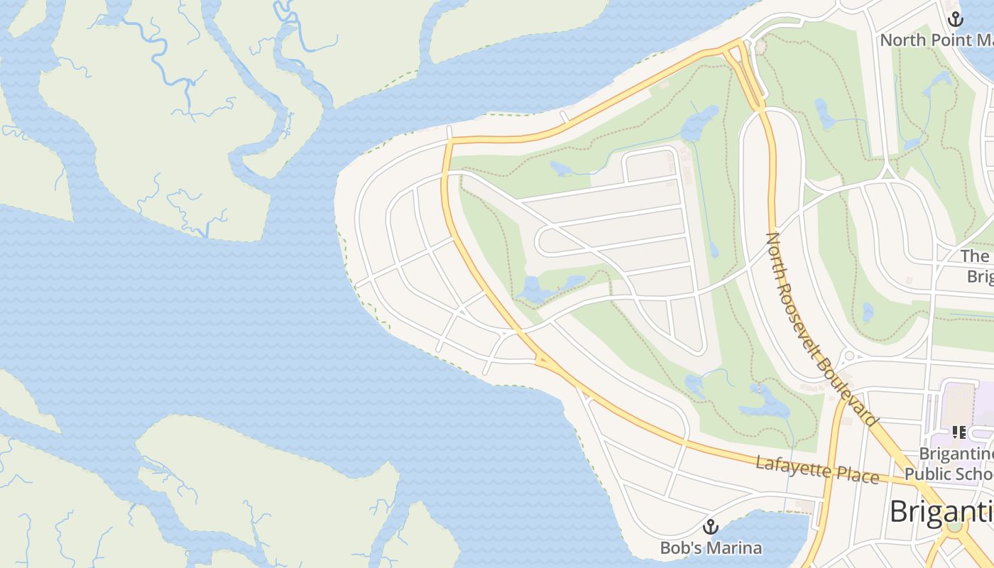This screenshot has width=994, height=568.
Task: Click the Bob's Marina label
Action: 711,548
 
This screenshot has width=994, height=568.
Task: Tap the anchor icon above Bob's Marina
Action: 710,528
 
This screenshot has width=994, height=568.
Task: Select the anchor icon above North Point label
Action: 956,19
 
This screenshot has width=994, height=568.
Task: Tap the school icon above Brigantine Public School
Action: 959,432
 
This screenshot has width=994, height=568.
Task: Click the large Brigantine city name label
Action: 941,511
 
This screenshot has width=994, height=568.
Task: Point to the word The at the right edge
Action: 975,256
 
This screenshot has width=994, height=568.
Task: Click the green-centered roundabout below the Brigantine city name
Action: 954,525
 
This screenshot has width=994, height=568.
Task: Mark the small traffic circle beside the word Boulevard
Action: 849,356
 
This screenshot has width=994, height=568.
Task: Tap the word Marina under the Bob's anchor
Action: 735,548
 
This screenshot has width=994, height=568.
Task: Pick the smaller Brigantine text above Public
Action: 955,453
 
